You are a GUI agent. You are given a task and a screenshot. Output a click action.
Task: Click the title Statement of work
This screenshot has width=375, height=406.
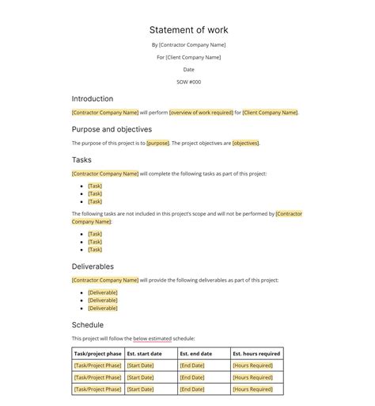click(188, 30)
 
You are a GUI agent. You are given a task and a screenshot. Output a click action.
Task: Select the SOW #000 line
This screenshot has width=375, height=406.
click(188, 82)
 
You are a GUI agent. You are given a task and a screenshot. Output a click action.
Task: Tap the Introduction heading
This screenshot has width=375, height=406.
click(92, 99)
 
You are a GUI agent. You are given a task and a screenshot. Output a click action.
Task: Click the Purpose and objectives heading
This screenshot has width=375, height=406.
click(112, 129)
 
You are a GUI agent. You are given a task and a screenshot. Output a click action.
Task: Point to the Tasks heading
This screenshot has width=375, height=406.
click(82, 159)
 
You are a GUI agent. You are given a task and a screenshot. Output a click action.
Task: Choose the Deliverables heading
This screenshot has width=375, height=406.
click(93, 266)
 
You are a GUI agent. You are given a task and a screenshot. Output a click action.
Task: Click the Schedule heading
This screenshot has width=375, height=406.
click(87, 325)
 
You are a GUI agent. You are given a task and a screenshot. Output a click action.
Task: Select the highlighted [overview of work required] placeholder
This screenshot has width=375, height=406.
click(201, 113)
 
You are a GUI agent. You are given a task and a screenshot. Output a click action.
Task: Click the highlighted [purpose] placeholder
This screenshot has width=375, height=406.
click(157, 144)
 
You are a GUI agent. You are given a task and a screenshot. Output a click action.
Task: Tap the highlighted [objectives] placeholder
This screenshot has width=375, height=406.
click(245, 144)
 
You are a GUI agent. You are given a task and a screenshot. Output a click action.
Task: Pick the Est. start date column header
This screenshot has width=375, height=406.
click(144, 354)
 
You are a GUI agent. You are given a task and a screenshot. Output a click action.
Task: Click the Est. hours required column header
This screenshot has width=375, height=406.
click(256, 354)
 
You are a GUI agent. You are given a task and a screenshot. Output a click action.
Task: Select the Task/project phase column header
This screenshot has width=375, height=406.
click(97, 354)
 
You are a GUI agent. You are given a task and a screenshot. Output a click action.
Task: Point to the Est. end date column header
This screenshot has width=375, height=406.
click(195, 354)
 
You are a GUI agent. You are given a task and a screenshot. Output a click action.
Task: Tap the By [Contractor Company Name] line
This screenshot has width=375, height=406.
click(188, 44)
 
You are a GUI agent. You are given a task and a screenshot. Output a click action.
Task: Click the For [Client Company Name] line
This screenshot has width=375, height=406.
click(188, 57)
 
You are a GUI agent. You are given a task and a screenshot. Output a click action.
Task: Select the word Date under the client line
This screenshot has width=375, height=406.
click(188, 70)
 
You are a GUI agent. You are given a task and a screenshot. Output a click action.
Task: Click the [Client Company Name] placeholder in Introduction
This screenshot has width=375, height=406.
click(270, 113)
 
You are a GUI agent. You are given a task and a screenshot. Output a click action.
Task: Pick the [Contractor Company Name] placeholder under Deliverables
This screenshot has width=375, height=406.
click(105, 280)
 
